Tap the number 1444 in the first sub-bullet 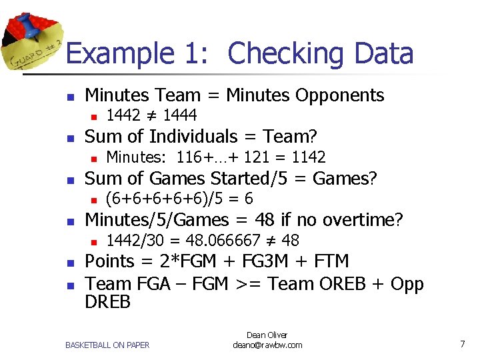coord(179,116)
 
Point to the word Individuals coord(197,137)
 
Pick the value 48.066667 coord(220,240)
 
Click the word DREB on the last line coord(108,302)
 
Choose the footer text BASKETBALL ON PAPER coord(107,345)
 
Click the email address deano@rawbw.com coord(267,345)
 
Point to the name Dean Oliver coord(267,335)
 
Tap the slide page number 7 coord(462,343)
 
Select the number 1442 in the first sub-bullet coord(123,116)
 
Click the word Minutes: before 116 coord(137,157)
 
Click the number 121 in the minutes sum coord(256,157)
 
